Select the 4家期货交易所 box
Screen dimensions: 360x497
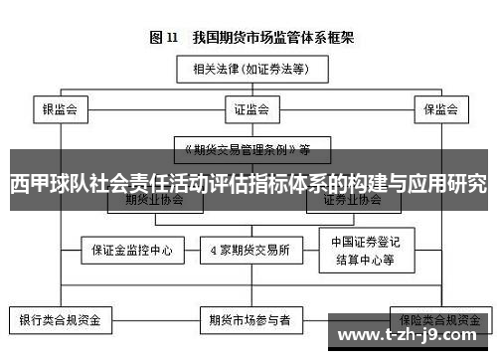click(249, 250)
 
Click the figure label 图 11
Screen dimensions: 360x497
click(163, 38)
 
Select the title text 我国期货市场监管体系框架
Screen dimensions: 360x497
click(276, 38)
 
